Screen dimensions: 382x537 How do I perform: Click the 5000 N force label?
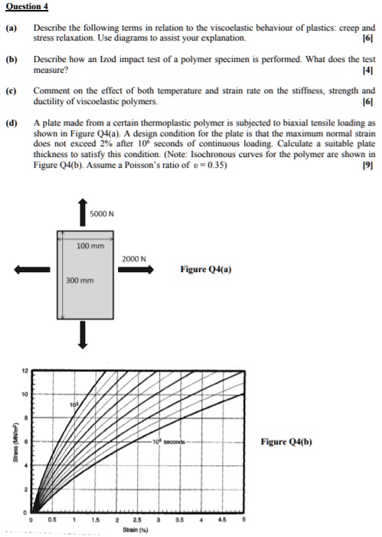(x=103, y=214)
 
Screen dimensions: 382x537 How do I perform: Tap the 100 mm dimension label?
(x=88, y=245)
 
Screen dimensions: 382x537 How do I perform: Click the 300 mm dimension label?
(x=80, y=280)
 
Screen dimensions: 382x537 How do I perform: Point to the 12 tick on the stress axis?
(x=24, y=370)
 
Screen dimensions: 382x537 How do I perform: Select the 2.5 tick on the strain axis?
(x=137, y=519)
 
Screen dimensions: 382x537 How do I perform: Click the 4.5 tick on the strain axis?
(x=222, y=519)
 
